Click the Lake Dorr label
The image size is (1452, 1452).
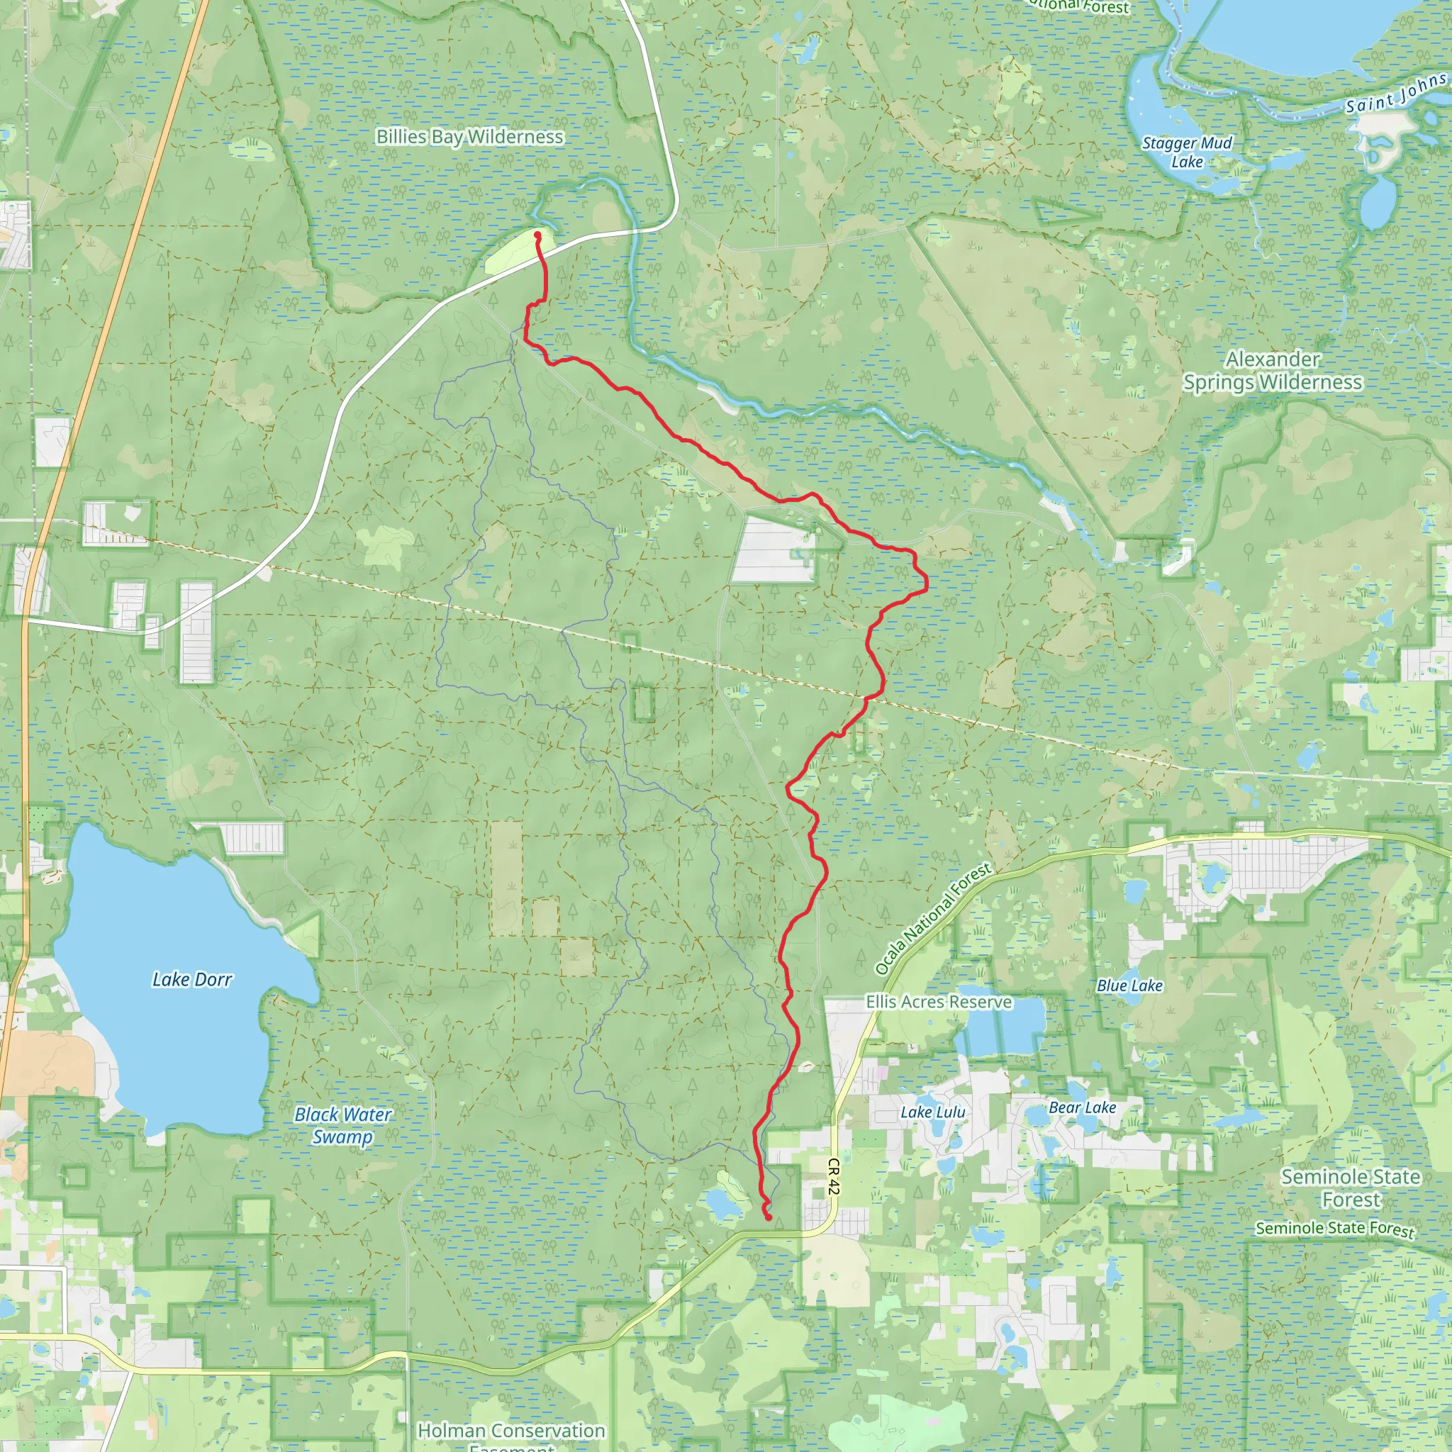click(192, 980)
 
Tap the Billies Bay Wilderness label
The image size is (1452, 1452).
click(470, 137)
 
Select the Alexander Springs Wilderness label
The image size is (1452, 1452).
click(1273, 371)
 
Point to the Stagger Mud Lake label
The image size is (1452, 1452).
click(1187, 152)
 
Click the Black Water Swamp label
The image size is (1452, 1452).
click(342, 1125)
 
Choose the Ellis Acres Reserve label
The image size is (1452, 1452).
click(939, 1002)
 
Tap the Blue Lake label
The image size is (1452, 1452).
click(1129, 985)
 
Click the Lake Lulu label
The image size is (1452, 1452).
click(933, 1112)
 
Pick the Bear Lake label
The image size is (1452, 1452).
click(1082, 1108)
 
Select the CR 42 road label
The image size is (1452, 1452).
click(833, 1176)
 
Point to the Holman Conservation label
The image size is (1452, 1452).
click(511, 1430)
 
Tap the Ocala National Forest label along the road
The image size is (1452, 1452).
click(934, 920)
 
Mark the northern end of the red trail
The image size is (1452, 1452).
click(538, 235)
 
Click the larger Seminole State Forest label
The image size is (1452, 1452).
click(1351, 1188)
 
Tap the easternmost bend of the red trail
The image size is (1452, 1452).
click(927, 583)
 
